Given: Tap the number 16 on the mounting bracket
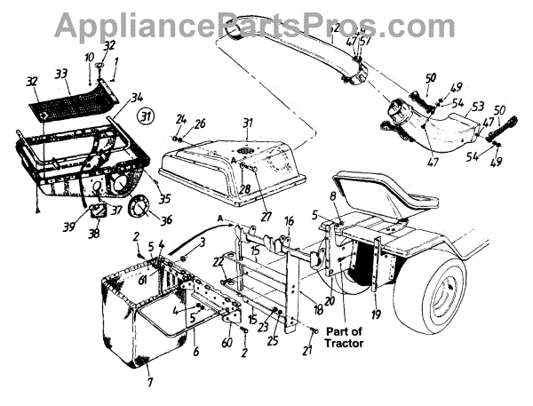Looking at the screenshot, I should tap(289, 219).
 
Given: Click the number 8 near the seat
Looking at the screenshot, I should tap(333, 195).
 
